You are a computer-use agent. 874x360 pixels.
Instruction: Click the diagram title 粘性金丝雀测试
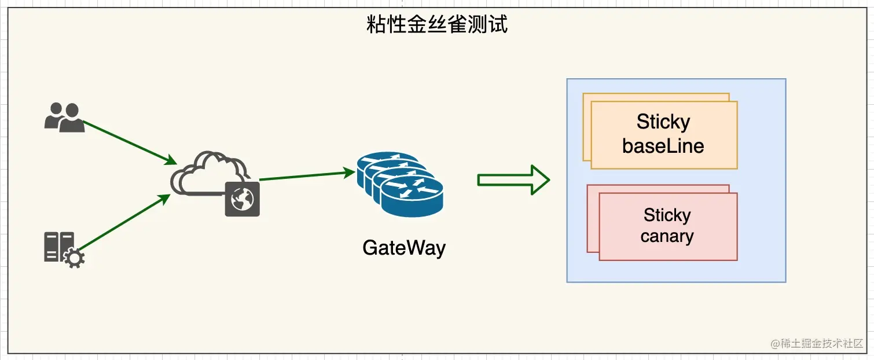[x=437, y=25]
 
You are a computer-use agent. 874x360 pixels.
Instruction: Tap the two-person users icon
[x=64, y=117]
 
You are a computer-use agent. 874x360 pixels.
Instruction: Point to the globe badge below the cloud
[x=242, y=199]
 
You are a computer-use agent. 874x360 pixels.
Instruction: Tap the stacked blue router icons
[x=399, y=184]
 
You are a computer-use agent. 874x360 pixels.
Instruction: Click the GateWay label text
[x=404, y=248]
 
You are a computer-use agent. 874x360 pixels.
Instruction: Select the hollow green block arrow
[x=513, y=180]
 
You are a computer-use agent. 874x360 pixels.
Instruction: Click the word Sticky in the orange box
[x=663, y=122]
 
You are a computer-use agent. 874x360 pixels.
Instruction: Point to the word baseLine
[x=663, y=145]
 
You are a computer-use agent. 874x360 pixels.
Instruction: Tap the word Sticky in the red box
[x=667, y=215]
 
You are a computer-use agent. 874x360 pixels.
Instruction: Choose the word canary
[x=667, y=236]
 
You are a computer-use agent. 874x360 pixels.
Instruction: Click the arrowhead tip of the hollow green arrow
[x=548, y=180]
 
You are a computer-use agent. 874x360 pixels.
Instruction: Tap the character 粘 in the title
[x=377, y=25]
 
